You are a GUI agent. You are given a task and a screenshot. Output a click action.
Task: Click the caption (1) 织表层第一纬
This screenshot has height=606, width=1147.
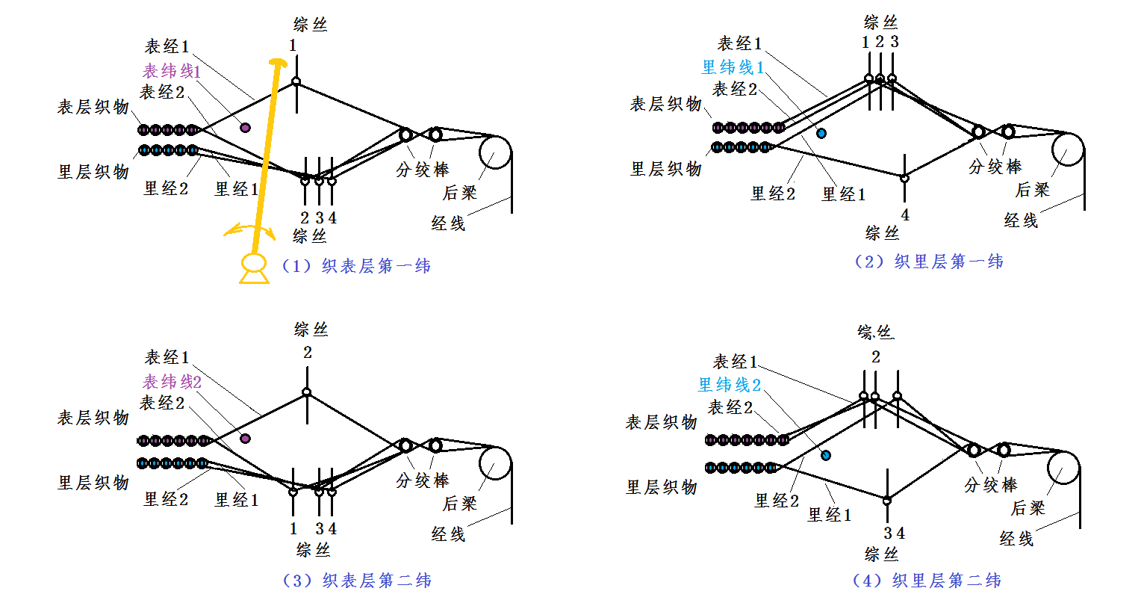click(x=356, y=266)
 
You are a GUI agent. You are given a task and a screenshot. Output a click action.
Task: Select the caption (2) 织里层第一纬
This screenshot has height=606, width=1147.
click(x=928, y=262)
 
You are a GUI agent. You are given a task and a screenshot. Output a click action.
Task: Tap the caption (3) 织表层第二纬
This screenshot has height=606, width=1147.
click(x=357, y=580)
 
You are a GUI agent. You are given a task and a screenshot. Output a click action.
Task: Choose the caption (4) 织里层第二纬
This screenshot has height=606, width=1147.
click(x=927, y=580)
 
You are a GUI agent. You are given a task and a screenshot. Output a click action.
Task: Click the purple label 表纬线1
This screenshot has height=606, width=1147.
click(x=172, y=71)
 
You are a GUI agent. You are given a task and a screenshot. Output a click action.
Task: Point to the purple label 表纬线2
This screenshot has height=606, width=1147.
click(x=172, y=382)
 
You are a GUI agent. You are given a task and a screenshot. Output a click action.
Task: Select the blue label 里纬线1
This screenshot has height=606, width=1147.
click(x=733, y=67)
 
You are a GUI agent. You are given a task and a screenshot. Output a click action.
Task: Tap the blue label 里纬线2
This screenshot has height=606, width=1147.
click(x=730, y=385)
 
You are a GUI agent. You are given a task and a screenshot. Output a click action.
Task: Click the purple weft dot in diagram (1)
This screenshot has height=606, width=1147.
click(x=245, y=128)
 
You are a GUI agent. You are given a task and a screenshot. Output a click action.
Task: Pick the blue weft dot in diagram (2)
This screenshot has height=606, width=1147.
click(x=821, y=133)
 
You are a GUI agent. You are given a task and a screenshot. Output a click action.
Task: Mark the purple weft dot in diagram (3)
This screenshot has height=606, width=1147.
click(x=245, y=439)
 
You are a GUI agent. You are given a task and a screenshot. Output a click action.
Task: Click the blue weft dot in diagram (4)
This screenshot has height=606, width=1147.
click(x=825, y=455)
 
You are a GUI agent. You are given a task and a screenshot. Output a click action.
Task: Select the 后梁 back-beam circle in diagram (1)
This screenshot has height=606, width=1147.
click(x=494, y=152)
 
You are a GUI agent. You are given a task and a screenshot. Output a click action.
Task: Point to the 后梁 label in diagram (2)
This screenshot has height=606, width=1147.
click(x=1032, y=190)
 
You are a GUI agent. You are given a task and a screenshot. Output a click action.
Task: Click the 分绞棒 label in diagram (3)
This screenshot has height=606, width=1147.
click(x=422, y=480)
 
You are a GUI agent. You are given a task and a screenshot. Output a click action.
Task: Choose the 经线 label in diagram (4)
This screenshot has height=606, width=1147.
click(x=1016, y=538)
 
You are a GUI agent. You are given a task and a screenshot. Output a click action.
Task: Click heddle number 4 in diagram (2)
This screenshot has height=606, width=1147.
click(x=904, y=215)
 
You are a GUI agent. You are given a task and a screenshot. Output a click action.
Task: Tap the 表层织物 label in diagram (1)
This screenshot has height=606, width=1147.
click(x=93, y=107)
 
